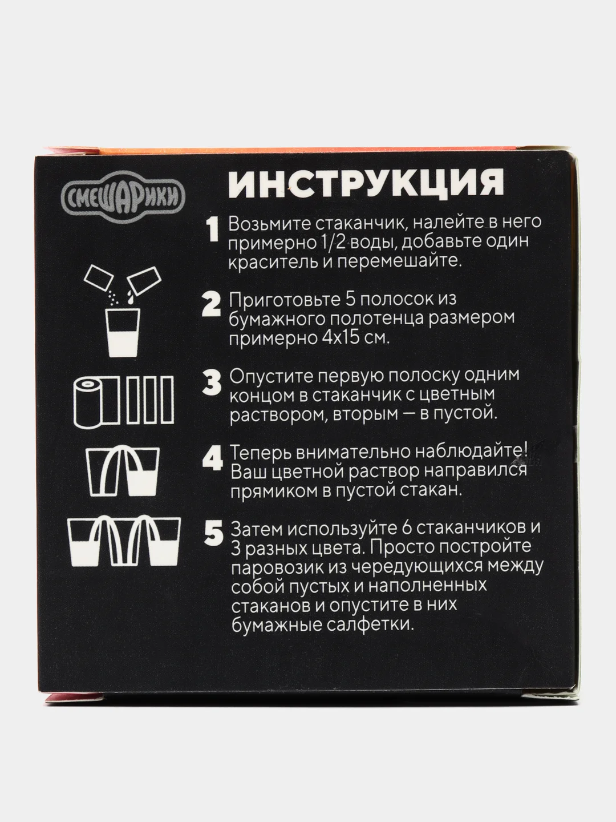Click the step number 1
point(213,229)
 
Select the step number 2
point(211,305)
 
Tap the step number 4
point(212,458)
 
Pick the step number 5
point(213,534)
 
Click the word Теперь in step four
point(260,453)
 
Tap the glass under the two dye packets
point(123,332)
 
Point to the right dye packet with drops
point(144,279)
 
